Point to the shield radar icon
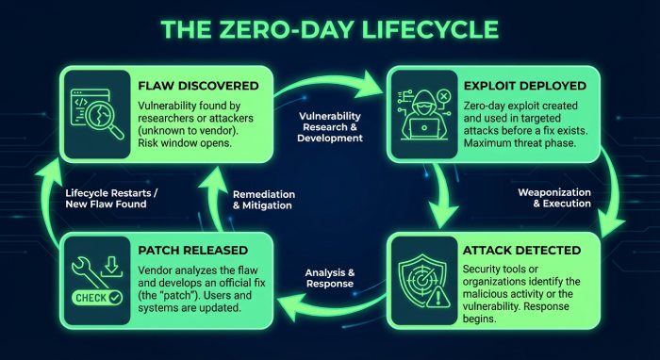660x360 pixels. (x=422, y=274)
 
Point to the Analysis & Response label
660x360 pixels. (x=330, y=279)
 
